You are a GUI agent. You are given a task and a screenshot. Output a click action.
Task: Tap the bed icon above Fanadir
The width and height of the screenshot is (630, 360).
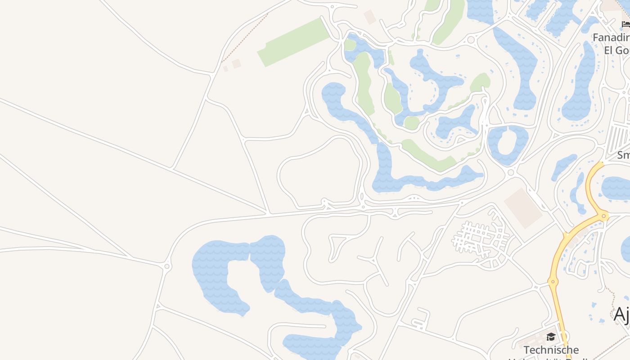click(x=625, y=24)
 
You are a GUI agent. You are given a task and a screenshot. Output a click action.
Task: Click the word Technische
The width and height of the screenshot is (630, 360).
click(x=551, y=350)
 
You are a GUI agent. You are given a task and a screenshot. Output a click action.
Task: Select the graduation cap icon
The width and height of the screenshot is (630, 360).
click(x=551, y=337)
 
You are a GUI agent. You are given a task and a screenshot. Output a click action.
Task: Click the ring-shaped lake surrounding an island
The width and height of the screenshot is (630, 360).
click(x=507, y=144)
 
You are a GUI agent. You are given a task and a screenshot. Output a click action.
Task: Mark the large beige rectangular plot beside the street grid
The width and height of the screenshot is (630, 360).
click(x=523, y=208)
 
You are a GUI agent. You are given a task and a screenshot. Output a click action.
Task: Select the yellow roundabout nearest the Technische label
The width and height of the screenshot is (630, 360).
click(x=553, y=282)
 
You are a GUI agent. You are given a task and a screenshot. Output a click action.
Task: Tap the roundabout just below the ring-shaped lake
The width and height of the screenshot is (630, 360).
click(x=511, y=172)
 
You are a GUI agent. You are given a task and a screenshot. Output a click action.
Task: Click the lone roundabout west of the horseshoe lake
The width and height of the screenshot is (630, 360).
click(x=167, y=266)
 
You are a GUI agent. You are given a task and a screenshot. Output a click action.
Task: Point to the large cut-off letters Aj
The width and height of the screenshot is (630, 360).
click(x=621, y=314)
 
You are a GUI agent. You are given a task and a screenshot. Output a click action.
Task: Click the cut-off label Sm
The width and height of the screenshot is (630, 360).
click(x=623, y=155)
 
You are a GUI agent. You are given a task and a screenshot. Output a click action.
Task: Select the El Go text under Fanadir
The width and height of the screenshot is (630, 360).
click(x=616, y=50)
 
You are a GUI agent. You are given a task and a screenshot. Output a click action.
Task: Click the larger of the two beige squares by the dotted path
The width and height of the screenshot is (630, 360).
click(x=236, y=64)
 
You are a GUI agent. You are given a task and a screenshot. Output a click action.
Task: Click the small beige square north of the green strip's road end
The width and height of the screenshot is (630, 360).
click(x=369, y=17)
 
